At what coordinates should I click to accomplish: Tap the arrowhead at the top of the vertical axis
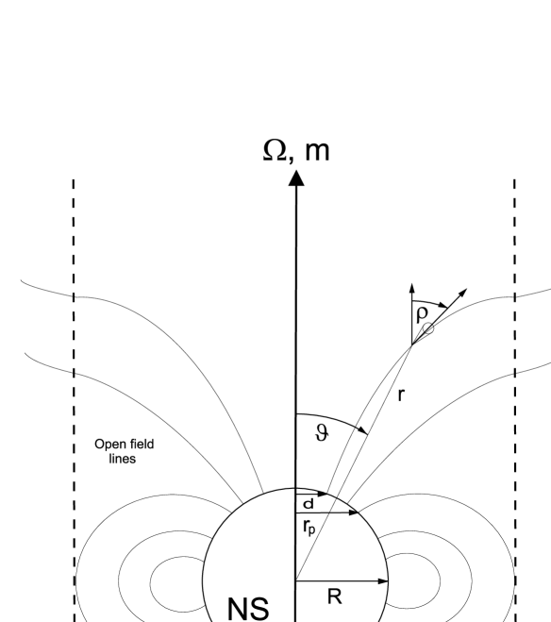pyautogui.click(x=296, y=177)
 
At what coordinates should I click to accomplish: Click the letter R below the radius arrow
pyautogui.click(x=343, y=596)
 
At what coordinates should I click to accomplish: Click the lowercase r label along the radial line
pyautogui.click(x=400, y=395)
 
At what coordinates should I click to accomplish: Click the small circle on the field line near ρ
pyautogui.click(x=428, y=328)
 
